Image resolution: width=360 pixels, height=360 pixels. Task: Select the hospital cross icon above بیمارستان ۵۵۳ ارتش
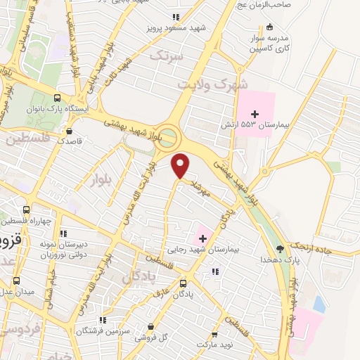[255, 113]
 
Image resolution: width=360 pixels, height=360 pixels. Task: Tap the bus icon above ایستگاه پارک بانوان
[57, 98]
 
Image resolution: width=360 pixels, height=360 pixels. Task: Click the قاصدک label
[70, 141]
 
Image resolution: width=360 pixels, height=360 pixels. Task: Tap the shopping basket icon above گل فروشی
[152, 326]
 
